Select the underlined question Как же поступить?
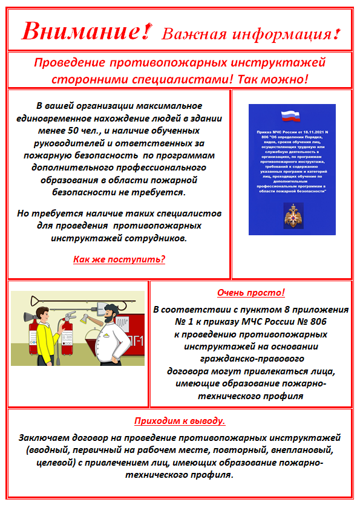click(x=119, y=259)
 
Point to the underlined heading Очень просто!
click(x=250, y=293)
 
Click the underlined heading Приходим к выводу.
click(x=180, y=420)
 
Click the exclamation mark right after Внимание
click(x=144, y=29)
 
